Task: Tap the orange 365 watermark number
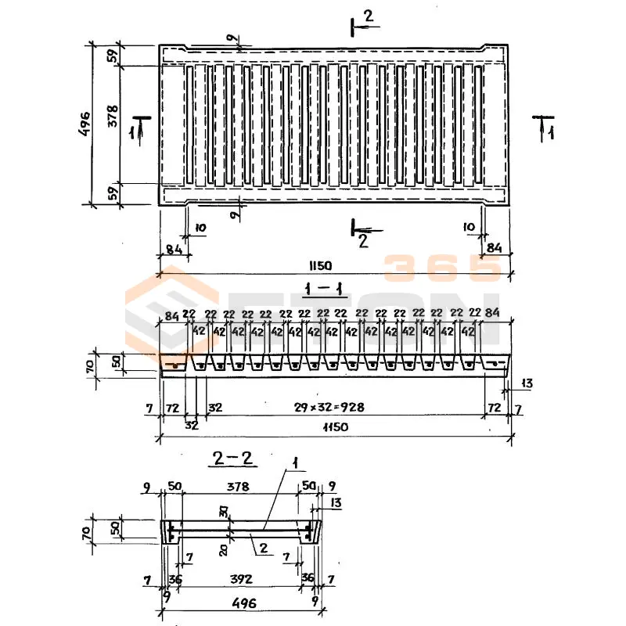click(442, 268)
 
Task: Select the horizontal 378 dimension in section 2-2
click(237, 487)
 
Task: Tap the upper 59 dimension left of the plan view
click(112, 56)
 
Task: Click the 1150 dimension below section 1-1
click(332, 426)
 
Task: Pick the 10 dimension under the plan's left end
click(200, 228)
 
